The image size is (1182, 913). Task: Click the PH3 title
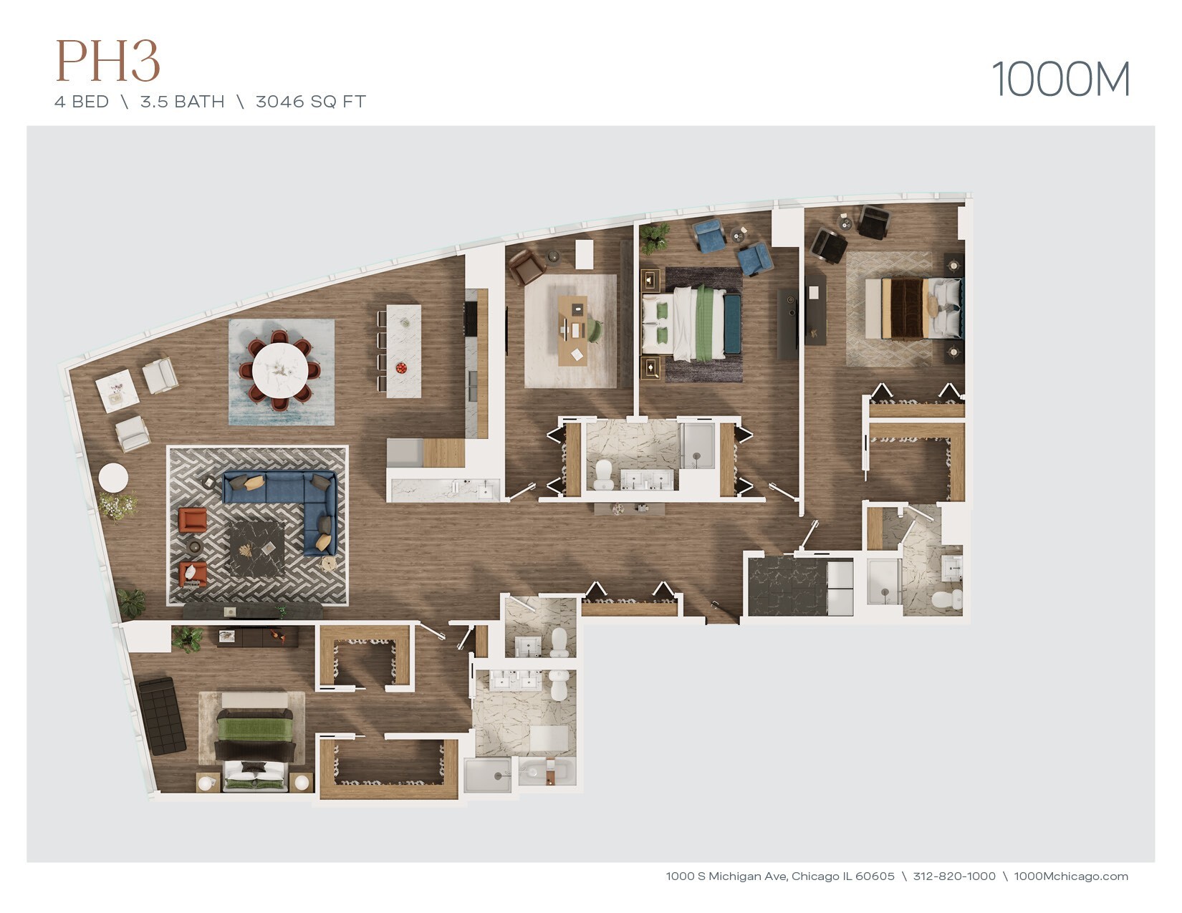point(107,61)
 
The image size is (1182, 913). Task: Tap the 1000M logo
point(1060,79)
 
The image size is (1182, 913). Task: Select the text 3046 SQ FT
point(311,102)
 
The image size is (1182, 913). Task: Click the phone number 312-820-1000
point(954,876)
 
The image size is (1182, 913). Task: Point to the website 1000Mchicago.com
point(1071,876)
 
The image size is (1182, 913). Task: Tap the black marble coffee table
point(257,549)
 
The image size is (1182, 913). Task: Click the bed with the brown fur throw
point(913,309)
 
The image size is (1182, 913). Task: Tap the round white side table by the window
point(114,478)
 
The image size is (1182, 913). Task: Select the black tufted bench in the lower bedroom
point(162,715)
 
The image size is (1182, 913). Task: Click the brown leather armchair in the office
point(526,267)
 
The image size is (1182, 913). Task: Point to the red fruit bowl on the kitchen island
point(401,367)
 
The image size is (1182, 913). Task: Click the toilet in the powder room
point(559,642)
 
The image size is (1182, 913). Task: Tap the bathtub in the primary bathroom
point(545,772)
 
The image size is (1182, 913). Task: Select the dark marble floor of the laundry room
point(787,586)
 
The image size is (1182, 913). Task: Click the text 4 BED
point(82,102)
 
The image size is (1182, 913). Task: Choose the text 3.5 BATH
point(182,102)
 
